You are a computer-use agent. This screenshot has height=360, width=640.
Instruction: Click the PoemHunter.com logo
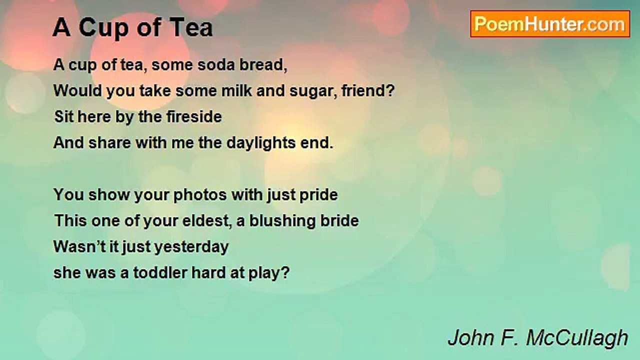[x=550, y=24]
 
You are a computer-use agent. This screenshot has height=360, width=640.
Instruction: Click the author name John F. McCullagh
[x=538, y=338]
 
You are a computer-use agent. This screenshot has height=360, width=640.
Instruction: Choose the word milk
[x=236, y=90]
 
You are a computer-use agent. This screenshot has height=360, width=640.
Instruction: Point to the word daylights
[x=261, y=143]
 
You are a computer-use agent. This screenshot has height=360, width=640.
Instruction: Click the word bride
[x=339, y=221]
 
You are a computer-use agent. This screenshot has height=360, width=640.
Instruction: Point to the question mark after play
[x=285, y=272]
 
